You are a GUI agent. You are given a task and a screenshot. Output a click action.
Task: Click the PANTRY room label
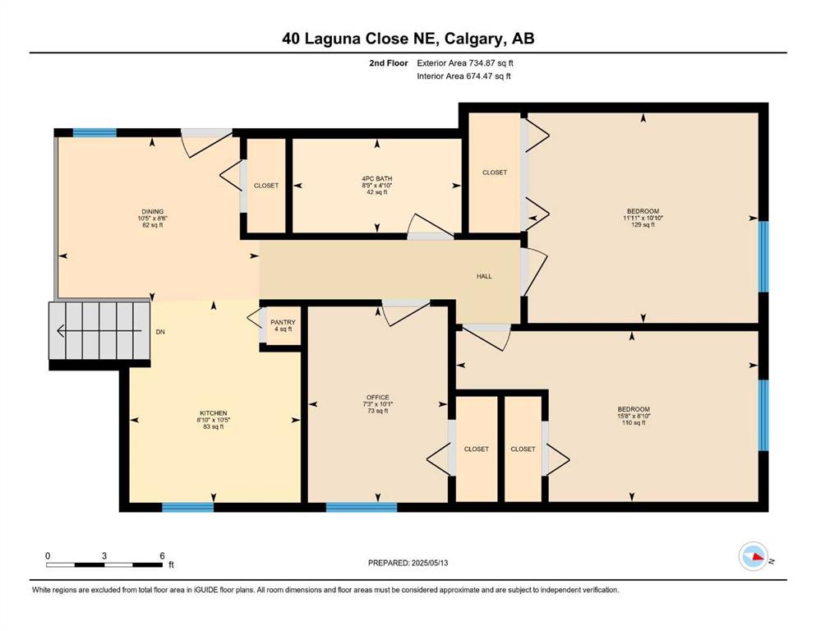284,323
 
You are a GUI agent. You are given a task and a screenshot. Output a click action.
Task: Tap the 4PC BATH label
377,178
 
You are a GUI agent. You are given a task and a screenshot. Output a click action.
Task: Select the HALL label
484,276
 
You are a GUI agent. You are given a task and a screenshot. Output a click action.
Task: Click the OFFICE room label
378,398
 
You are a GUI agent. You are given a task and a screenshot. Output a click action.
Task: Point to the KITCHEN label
214,413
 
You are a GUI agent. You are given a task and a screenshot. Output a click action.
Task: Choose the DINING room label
153,212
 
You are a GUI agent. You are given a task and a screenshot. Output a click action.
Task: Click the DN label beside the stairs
160,331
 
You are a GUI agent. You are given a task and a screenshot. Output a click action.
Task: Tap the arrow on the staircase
99,330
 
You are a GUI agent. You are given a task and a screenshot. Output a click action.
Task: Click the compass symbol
754,556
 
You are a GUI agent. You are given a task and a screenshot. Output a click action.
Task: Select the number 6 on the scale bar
163,555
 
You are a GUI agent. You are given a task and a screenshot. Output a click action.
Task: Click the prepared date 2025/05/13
430,563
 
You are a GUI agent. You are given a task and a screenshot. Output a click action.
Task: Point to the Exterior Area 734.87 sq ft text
465,63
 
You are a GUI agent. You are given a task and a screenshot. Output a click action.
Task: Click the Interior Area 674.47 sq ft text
463,76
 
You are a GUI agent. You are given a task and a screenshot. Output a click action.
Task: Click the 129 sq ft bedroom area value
643,225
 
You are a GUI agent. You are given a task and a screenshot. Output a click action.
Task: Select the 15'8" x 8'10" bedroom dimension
634,416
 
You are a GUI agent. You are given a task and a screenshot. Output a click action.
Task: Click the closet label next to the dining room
266,186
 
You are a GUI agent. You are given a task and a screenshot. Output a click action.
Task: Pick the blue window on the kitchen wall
188,507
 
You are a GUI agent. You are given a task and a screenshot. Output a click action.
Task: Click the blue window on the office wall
362,507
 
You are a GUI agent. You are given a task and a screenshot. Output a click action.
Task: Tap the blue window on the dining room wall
95,132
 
